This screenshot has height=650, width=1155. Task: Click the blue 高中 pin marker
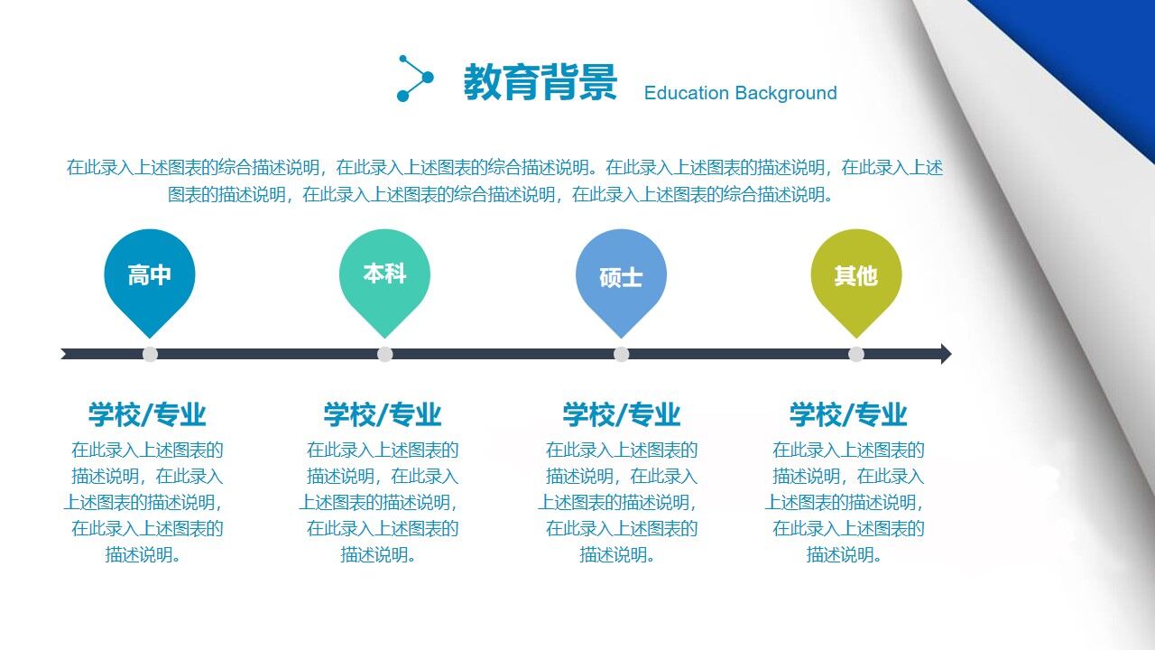click(150, 276)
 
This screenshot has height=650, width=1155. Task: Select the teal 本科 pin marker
click(384, 274)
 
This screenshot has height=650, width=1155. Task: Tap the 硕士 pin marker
click(621, 277)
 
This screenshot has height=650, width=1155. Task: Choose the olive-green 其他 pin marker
click(855, 276)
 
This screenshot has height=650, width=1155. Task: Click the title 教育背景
click(540, 82)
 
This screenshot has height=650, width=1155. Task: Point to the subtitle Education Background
click(740, 93)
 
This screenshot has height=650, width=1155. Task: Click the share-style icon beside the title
click(415, 79)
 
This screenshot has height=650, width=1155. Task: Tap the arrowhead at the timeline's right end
click(945, 354)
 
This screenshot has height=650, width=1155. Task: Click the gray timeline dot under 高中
click(151, 354)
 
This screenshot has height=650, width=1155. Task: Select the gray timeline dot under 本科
click(385, 354)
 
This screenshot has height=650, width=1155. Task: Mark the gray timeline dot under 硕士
click(622, 354)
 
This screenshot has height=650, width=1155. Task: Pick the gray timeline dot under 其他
click(856, 354)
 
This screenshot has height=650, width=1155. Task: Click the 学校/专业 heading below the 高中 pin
click(147, 414)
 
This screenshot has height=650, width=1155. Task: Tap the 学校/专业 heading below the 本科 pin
click(383, 414)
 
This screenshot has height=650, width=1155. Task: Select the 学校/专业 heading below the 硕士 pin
click(622, 414)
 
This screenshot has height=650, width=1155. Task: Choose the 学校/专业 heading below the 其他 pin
click(848, 414)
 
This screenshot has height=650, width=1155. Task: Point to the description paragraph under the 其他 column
click(846, 502)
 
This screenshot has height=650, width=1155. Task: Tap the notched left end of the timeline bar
click(65, 354)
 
